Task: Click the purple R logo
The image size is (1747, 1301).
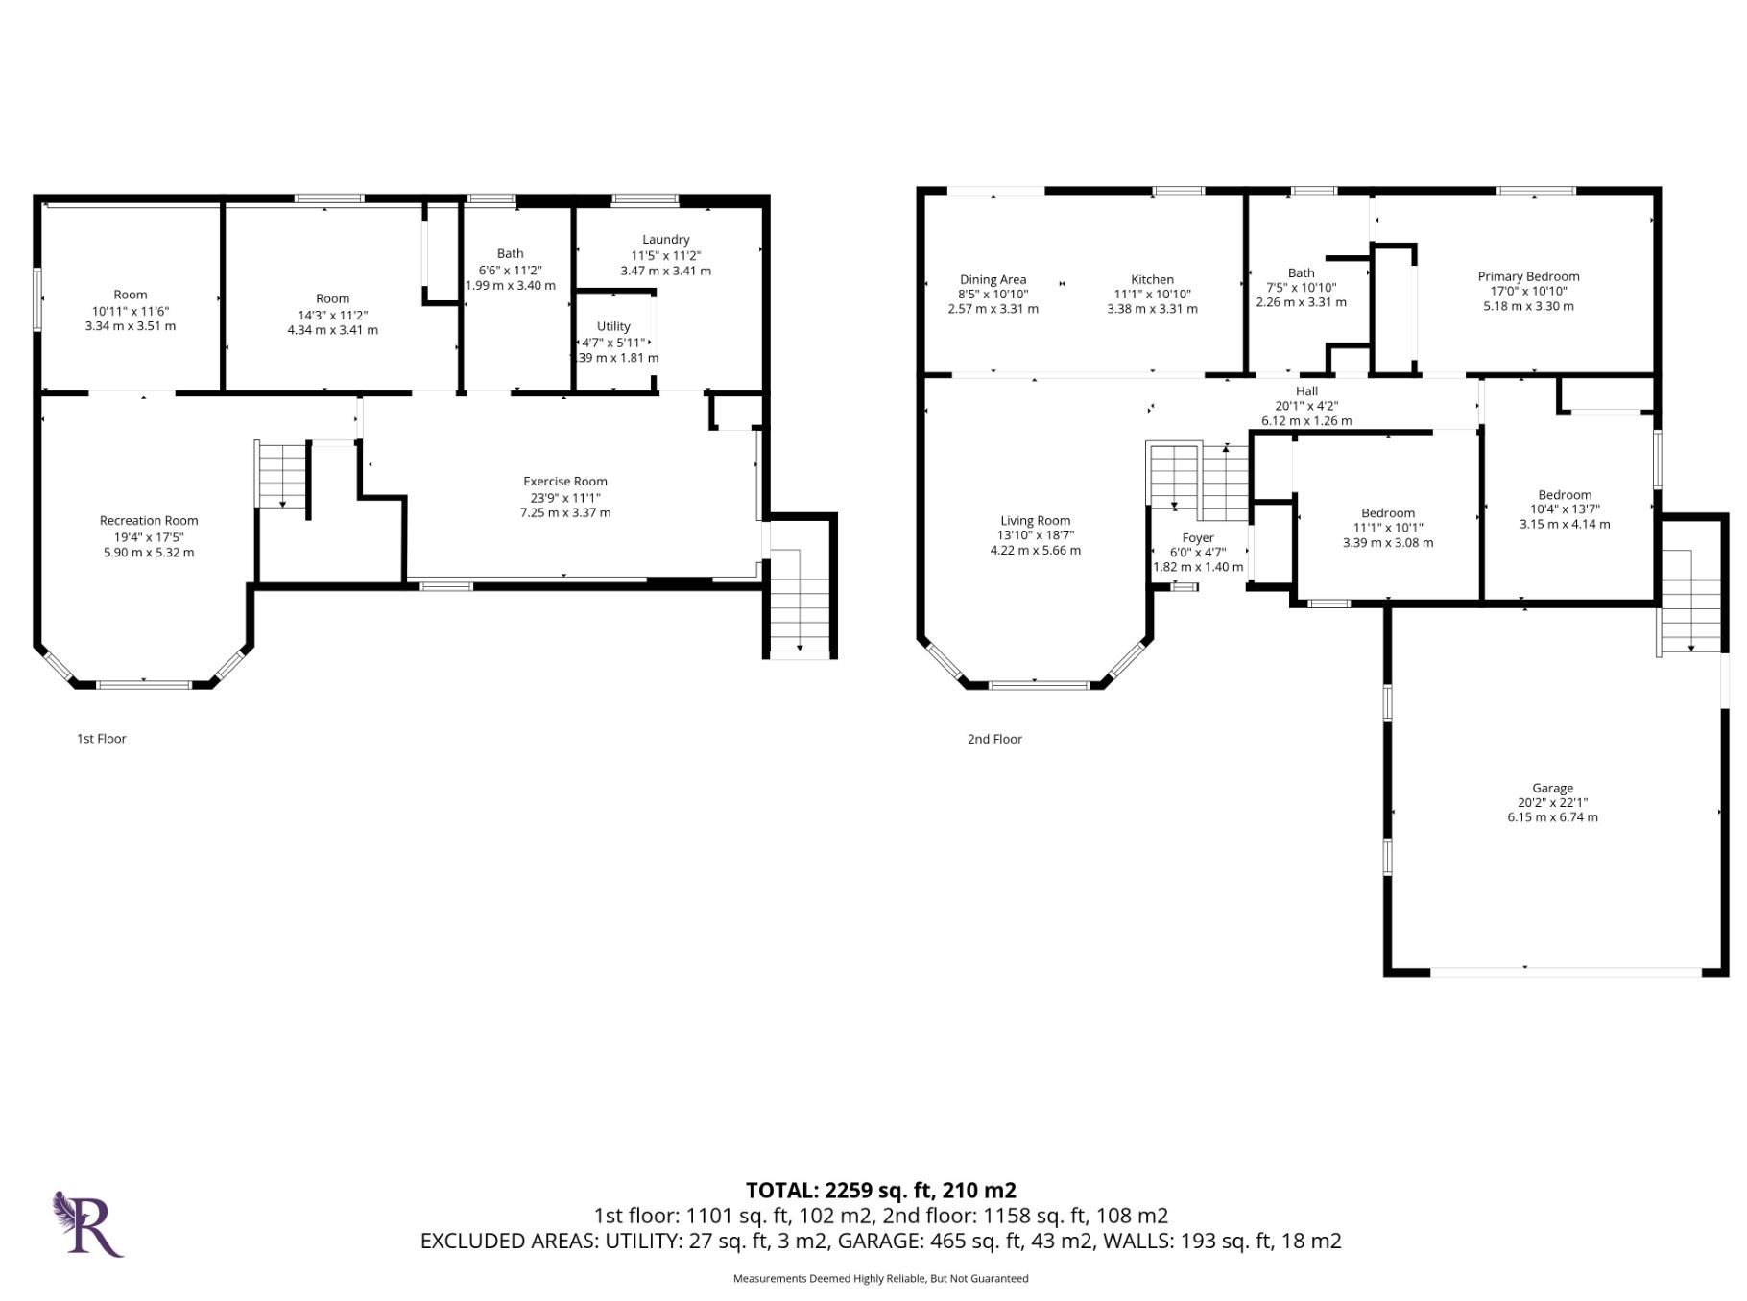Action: (x=87, y=1223)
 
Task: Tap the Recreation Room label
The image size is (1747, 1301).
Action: (x=149, y=521)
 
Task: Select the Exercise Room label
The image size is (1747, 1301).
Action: (x=565, y=482)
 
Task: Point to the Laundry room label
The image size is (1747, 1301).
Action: (x=666, y=240)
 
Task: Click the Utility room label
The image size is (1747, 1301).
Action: (x=613, y=326)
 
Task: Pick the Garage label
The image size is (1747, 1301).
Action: (x=1552, y=788)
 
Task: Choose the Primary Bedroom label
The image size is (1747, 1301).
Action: (x=1528, y=276)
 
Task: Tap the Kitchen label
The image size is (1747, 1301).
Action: (x=1152, y=279)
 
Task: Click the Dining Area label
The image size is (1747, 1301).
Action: (x=993, y=279)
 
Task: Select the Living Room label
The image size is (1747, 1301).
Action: (x=1035, y=521)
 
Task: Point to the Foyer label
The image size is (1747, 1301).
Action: (x=1198, y=538)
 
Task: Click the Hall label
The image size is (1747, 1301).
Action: (x=1306, y=391)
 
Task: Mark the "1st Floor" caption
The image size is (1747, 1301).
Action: (x=102, y=739)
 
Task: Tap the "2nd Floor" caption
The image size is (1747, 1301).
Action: (x=994, y=739)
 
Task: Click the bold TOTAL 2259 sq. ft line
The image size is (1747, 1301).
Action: (x=881, y=1191)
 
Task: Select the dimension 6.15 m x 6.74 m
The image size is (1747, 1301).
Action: (x=1552, y=817)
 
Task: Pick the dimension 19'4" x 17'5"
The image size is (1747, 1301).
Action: (x=149, y=537)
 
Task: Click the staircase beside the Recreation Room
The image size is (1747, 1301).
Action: (x=282, y=474)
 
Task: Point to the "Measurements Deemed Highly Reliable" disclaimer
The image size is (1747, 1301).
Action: (x=880, y=1278)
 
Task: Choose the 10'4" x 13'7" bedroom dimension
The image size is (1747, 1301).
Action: (x=1565, y=509)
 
